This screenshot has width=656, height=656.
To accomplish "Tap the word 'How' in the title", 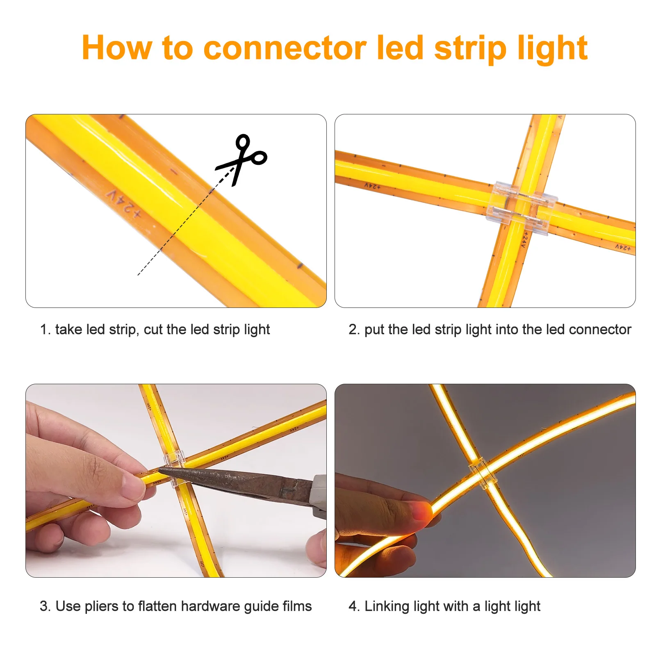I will pos(116,48).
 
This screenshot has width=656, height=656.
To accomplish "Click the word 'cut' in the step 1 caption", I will pos(153,329).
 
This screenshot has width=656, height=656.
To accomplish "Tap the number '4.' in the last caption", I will pos(354,606).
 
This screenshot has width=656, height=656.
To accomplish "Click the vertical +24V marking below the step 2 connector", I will pos(524,239).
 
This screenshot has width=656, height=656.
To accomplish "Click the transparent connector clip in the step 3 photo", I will pos(175,467).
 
